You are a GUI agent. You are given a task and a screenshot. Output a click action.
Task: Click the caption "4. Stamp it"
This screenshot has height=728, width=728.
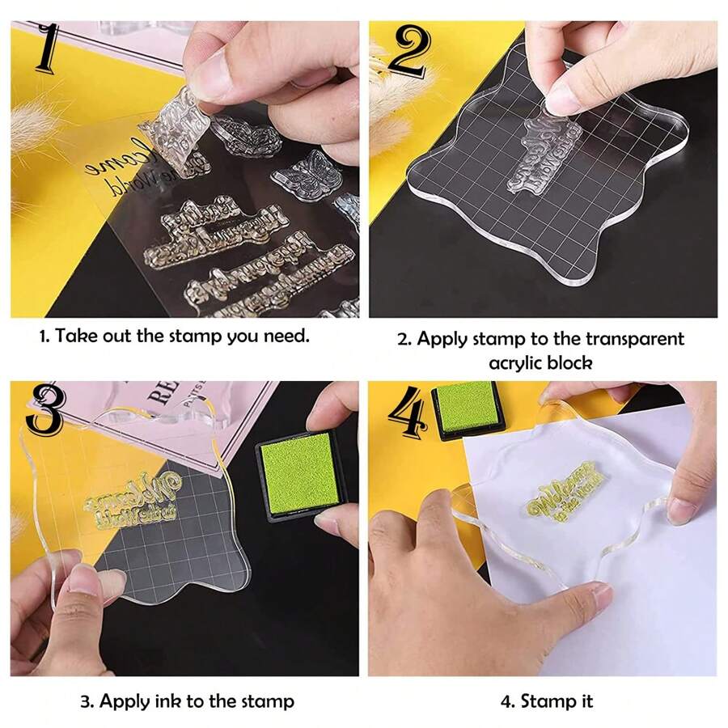[x=546, y=700]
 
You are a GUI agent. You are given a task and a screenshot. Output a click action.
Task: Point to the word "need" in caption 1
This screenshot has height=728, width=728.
[x=285, y=336]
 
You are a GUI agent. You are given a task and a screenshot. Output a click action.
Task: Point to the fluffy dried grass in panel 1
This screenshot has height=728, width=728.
[x=36, y=121]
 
